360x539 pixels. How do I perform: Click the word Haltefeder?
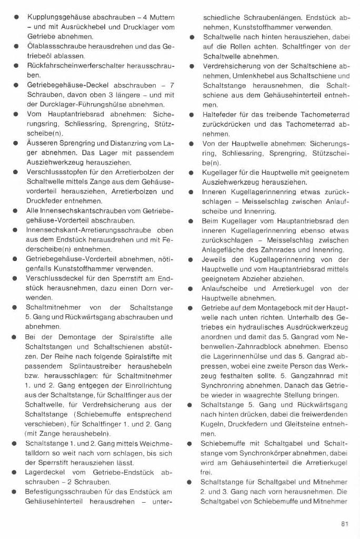(x=220, y=114)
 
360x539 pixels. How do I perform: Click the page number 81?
(x=345, y=524)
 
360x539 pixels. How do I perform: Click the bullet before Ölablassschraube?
(x=16, y=46)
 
